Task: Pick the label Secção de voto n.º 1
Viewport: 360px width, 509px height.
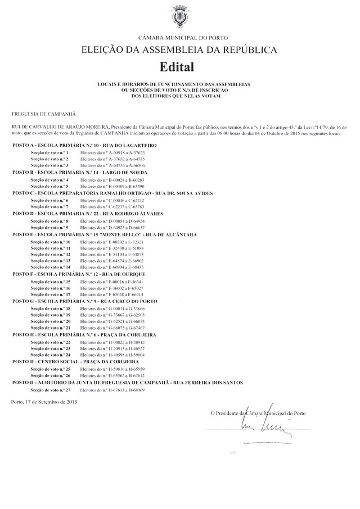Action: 49,152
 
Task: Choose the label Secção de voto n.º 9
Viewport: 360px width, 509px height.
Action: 49,227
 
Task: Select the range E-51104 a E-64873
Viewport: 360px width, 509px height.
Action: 112,255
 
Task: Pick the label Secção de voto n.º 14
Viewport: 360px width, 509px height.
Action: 51,268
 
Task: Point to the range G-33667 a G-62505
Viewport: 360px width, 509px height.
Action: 112,316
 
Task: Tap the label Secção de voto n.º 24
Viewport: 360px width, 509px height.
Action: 51,355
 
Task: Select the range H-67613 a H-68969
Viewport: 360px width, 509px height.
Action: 112,390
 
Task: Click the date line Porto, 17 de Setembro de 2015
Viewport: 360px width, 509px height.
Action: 44,403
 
